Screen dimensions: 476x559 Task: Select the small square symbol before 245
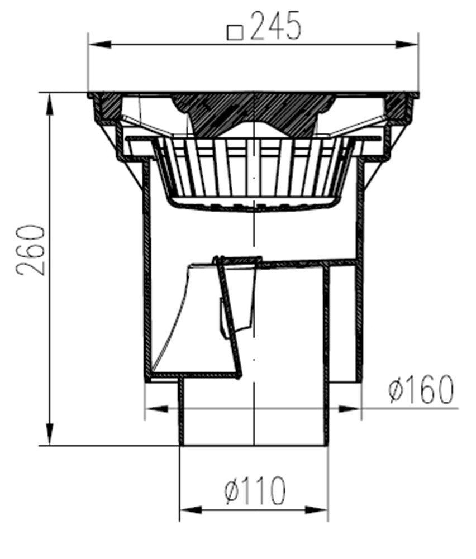(235, 32)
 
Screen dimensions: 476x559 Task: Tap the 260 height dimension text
(31, 250)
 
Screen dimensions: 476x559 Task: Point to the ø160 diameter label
(421, 389)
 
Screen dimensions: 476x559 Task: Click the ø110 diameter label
(255, 490)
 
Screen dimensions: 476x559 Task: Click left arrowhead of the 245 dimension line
(98, 45)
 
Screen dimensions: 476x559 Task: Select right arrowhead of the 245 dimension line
(407, 45)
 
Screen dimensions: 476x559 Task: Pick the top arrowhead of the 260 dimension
(50, 105)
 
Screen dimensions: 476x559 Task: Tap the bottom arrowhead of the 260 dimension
(50, 434)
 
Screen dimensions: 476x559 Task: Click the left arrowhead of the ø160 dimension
(157, 409)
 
